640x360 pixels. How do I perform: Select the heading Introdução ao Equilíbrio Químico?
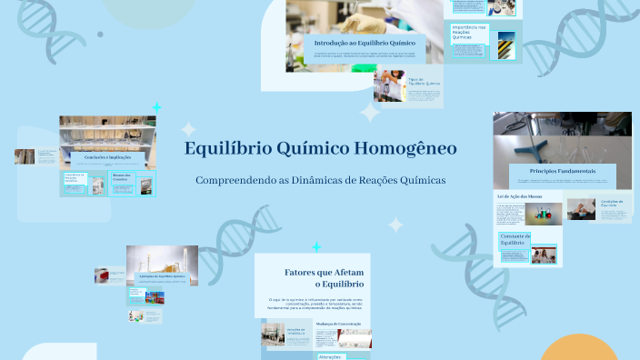(365, 43)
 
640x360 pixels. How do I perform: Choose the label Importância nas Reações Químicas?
(469, 33)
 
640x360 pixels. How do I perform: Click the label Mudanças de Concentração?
(339, 324)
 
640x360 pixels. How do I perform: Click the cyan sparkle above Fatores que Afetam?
(316, 247)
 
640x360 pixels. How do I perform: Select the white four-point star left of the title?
(188, 130)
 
